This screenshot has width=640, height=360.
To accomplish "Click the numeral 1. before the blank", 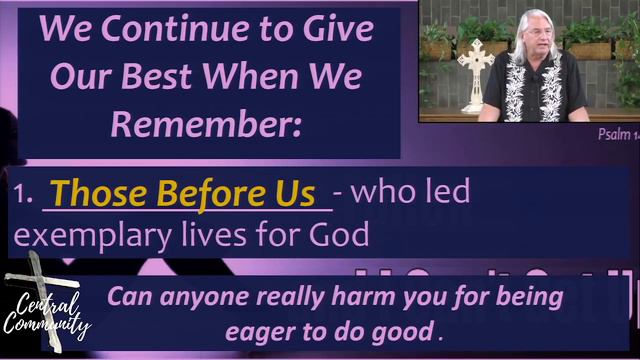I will tap(24, 196).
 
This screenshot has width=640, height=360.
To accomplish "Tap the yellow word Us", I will tap(293, 193).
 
